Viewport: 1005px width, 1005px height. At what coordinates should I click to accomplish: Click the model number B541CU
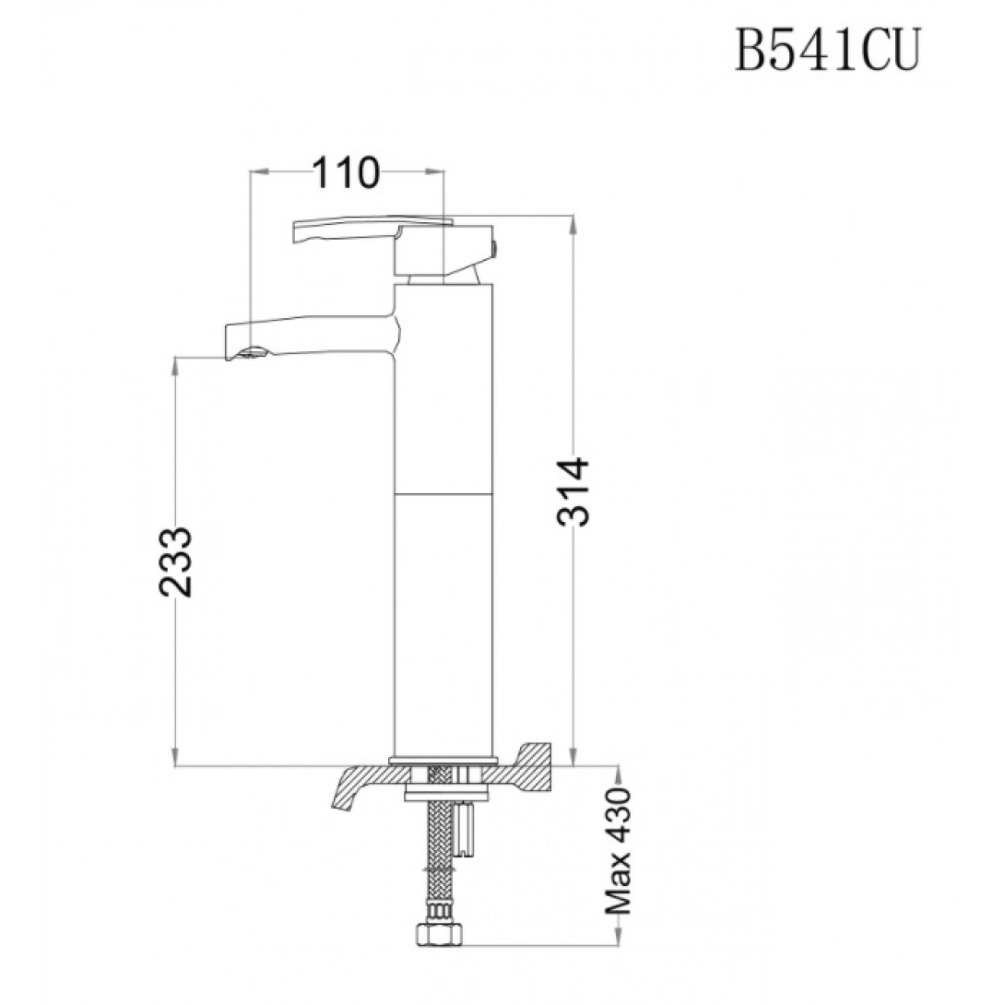827,50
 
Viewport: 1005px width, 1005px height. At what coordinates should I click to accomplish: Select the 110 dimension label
346,173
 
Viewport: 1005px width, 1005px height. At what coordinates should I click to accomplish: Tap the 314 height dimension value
573,491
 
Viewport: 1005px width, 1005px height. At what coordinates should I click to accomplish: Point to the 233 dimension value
175,562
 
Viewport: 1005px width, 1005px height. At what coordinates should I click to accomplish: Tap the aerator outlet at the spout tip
254,352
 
